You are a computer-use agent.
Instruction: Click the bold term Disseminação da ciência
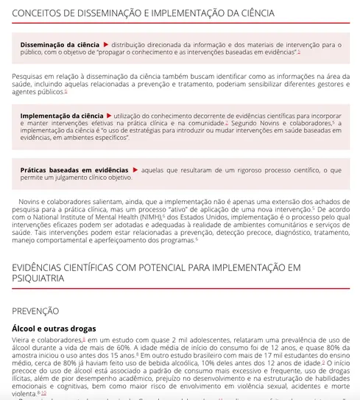(60, 45)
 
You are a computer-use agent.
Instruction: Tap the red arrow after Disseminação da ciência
(106, 45)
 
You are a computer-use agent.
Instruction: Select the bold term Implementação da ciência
(62, 116)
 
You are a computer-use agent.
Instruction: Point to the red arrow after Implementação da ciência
(110, 116)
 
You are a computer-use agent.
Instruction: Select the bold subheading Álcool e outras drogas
(54, 328)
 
